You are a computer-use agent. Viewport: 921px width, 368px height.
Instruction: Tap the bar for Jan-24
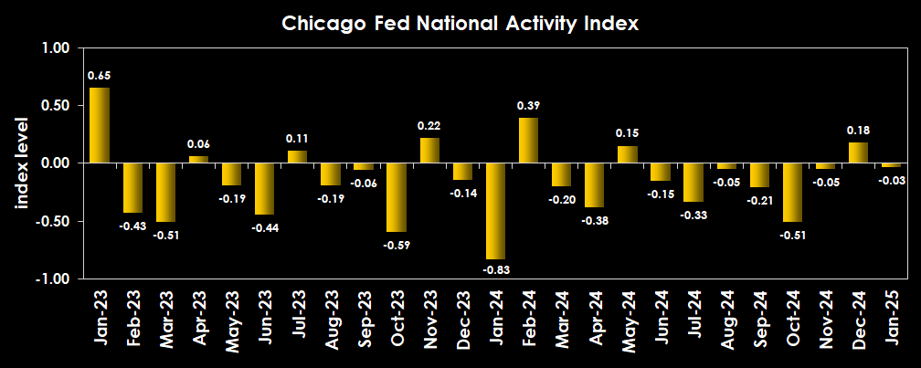(495, 211)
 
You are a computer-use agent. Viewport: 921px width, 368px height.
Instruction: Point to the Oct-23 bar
(396, 197)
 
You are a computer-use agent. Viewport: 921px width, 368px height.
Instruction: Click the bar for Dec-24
(858, 152)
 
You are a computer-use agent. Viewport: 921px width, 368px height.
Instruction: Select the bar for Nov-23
(429, 150)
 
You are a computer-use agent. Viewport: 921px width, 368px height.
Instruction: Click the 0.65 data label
(100, 75)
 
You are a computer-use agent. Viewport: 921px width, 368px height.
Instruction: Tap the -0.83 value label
(495, 269)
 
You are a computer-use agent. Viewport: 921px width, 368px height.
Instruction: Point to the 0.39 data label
(528, 106)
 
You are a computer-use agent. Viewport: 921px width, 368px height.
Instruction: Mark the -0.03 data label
(891, 180)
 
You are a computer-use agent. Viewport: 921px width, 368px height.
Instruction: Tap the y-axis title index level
(22, 163)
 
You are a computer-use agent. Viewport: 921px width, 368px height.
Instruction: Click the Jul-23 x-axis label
(297, 315)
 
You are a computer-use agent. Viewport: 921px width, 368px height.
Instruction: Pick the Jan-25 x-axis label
(891, 315)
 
